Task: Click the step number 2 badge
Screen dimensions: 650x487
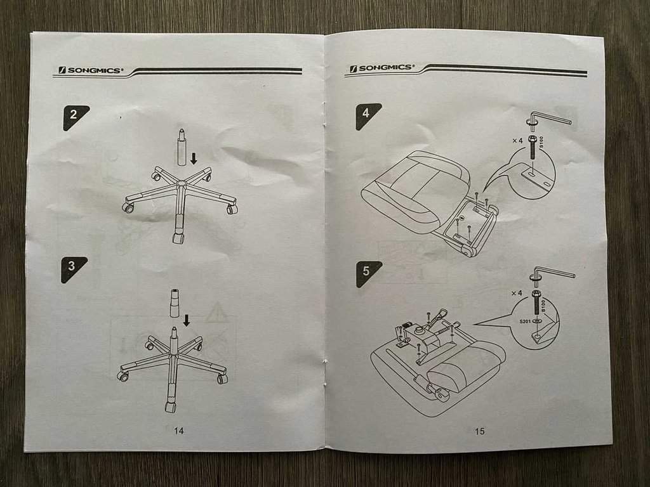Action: click(75, 117)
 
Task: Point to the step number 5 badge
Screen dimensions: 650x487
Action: click(368, 273)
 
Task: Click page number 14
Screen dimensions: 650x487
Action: click(178, 431)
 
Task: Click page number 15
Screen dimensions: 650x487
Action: click(480, 431)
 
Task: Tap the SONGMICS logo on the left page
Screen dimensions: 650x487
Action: click(91, 70)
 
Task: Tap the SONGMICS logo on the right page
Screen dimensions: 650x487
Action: click(381, 68)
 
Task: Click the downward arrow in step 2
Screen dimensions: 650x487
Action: click(194, 158)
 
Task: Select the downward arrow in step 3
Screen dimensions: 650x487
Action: click(187, 320)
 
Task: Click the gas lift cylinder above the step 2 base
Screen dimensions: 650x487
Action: click(182, 147)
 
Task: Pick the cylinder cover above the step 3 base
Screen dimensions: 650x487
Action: click(175, 303)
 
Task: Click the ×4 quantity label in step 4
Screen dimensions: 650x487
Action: click(517, 141)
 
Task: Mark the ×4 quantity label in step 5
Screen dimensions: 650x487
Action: click(517, 293)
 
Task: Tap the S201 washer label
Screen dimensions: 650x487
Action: click(525, 321)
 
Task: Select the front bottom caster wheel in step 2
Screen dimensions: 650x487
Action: click(178, 238)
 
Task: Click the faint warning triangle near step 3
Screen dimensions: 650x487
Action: click(216, 313)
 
